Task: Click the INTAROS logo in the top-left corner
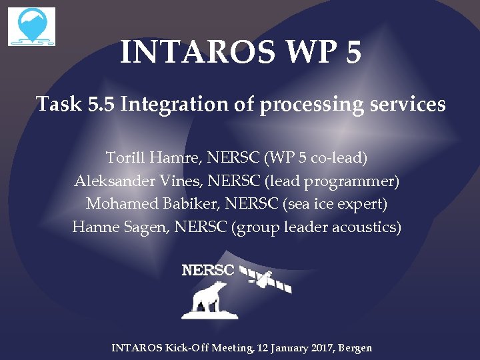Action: click(x=31, y=27)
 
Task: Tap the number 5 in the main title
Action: click(x=353, y=52)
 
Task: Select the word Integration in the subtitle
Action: click(x=173, y=105)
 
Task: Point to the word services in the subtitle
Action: click(x=407, y=105)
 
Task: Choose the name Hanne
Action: click(x=92, y=227)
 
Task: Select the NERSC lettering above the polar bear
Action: click(x=208, y=270)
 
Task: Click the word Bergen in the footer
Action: click(x=355, y=348)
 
